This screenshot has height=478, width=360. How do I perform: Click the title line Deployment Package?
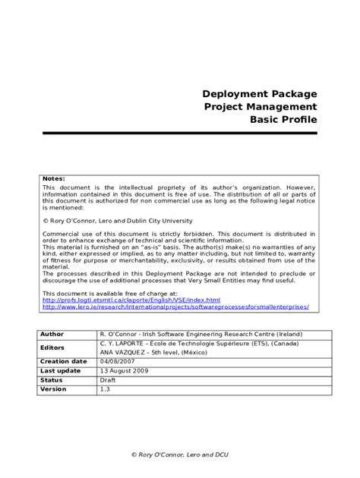point(259,94)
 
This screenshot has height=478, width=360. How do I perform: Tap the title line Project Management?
point(260,107)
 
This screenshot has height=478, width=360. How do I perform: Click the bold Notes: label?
point(54,178)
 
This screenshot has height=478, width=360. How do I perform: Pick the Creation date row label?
point(63,362)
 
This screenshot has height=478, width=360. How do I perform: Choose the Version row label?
point(53,389)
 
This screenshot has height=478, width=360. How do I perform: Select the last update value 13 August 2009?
point(124,371)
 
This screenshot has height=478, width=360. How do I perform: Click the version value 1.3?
point(104,389)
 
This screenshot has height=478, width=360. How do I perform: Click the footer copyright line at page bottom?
point(180,454)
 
